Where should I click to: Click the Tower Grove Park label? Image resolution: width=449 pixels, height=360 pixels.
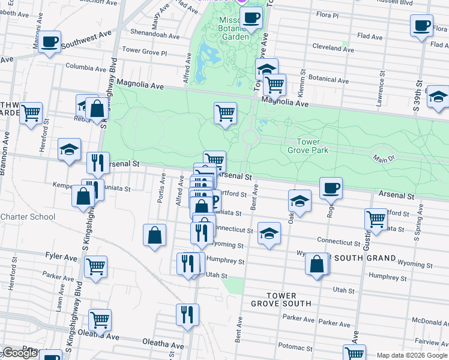[312, 146]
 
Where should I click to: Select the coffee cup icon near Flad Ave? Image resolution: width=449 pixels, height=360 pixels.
[421, 26]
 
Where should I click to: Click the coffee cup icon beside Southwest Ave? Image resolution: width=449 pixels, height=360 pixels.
[50, 42]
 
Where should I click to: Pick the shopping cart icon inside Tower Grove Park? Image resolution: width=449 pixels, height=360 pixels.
[225, 113]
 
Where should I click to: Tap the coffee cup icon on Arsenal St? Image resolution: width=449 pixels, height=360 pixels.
[331, 188]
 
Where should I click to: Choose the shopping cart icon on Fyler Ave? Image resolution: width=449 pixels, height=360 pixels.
[96, 267]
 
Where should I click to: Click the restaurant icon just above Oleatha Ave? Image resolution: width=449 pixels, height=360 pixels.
[187, 314]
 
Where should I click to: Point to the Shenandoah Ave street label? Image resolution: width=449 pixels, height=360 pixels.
[155, 36]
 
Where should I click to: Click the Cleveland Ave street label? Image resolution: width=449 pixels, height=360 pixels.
[333, 48]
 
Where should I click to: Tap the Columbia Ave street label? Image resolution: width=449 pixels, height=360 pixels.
[86, 67]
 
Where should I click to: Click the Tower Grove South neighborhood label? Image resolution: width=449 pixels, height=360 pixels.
[281, 299]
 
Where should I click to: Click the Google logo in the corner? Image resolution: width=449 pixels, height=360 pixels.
[20, 353]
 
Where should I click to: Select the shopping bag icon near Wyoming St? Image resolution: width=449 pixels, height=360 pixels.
[316, 263]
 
